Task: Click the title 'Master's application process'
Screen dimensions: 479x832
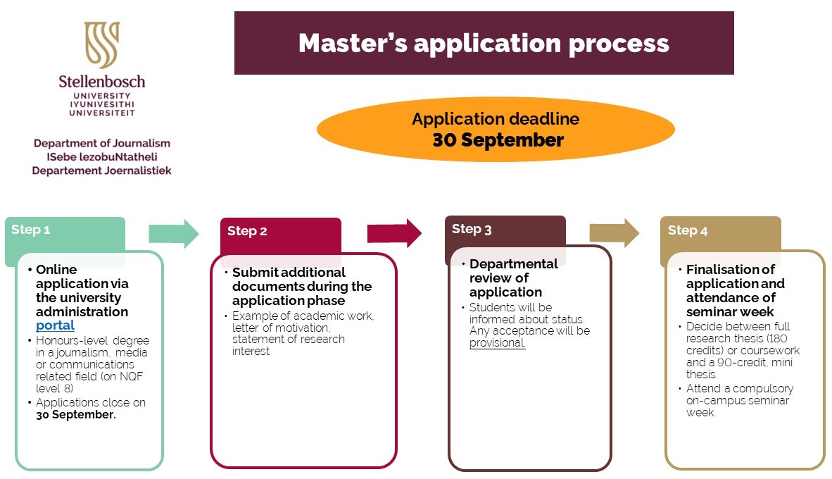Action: pyautogui.click(x=484, y=43)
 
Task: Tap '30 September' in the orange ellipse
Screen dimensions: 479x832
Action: pyautogui.click(x=498, y=140)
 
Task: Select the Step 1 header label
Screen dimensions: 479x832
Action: pyautogui.click(x=31, y=230)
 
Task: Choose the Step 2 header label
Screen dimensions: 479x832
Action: pyautogui.click(x=247, y=231)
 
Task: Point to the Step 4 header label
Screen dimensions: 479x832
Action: pyautogui.click(x=688, y=230)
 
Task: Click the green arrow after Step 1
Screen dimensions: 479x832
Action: pyautogui.click(x=174, y=234)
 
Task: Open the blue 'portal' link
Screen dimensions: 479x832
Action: pyautogui.click(x=55, y=325)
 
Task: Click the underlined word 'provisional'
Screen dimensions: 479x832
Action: pyautogui.click(x=497, y=343)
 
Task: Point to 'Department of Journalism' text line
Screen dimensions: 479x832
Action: pyautogui.click(x=102, y=143)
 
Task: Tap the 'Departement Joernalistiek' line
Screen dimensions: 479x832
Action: pyautogui.click(x=102, y=170)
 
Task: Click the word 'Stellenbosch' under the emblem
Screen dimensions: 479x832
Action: pyautogui.click(x=102, y=81)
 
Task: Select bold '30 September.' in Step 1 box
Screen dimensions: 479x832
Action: pyautogui.click(x=76, y=415)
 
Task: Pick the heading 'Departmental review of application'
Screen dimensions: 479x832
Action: pyautogui.click(x=512, y=278)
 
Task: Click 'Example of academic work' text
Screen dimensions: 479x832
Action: pyautogui.click(x=303, y=316)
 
